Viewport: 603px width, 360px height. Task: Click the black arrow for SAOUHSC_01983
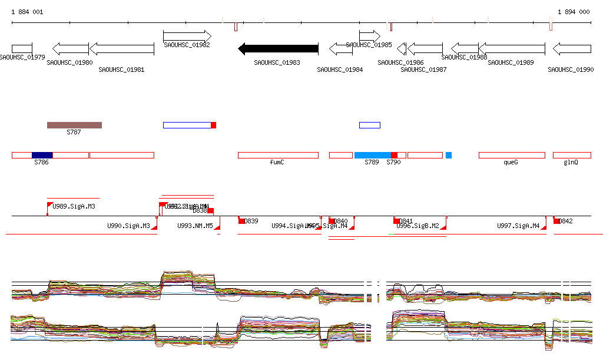point(278,49)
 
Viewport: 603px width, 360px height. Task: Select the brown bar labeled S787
point(74,125)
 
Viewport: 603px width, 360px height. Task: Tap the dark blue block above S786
point(42,155)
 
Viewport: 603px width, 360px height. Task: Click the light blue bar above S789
point(372,155)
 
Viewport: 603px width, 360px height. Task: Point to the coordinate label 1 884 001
point(27,12)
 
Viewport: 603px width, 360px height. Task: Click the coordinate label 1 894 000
point(574,12)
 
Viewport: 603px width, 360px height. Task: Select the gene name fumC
point(277,162)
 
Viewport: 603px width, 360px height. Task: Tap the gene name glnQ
point(571,162)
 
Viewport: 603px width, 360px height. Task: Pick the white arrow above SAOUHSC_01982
point(187,36)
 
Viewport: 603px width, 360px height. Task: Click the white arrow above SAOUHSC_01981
point(121,49)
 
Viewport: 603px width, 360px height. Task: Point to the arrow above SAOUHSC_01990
point(571,49)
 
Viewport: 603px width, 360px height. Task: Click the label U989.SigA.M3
point(74,206)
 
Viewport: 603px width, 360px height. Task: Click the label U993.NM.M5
point(195,226)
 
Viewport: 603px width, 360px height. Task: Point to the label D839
point(251,221)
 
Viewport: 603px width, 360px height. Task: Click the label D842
point(566,221)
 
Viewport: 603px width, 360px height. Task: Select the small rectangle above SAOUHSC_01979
point(22,49)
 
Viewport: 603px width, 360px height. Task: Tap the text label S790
point(393,162)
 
